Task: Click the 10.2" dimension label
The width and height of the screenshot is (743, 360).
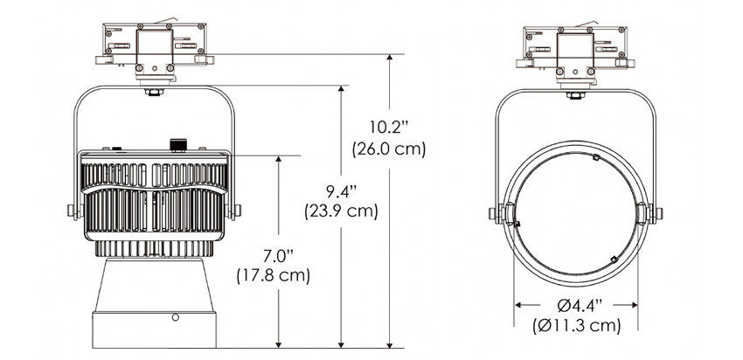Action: pyautogui.click(x=389, y=128)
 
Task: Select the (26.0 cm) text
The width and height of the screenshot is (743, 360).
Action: pyautogui.click(x=389, y=149)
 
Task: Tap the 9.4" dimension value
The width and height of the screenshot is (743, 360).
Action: pyautogui.click(x=341, y=191)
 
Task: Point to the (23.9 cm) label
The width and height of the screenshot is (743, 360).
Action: pyautogui.click(x=341, y=211)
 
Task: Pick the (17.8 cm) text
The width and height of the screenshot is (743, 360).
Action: pyautogui.click(x=274, y=276)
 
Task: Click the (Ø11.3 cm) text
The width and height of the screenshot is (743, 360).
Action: pyautogui.click(x=577, y=326)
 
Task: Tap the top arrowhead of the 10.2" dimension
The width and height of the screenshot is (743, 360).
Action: pyautogui.click(x=390, y=59)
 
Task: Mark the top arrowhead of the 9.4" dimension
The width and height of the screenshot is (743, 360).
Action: pyautogui.click(x=341, y=90)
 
